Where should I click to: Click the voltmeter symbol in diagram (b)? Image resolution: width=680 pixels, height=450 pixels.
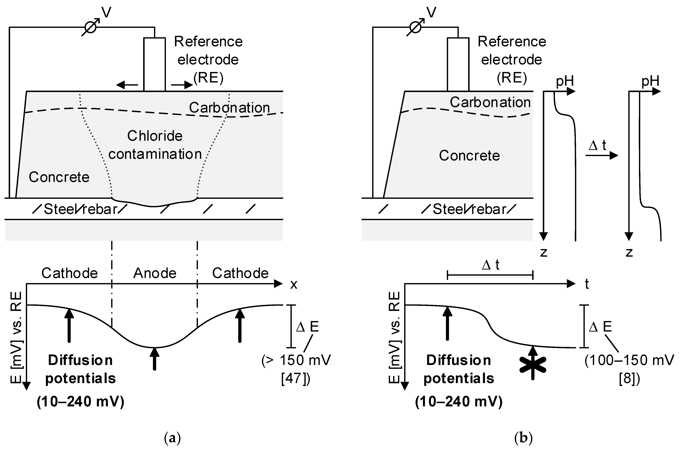416,27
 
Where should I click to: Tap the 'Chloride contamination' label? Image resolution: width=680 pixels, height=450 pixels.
155,145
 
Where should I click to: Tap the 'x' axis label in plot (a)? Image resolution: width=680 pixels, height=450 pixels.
294,284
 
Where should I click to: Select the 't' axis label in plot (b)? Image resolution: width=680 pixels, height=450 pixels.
587,284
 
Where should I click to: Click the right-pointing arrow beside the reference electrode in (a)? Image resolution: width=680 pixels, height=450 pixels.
182,85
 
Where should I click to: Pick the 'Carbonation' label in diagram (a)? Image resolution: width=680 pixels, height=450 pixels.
229,108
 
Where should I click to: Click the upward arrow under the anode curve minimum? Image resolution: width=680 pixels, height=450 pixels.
155,359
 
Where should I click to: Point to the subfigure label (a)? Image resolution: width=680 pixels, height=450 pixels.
172,438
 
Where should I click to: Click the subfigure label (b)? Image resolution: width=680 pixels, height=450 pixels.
524,438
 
